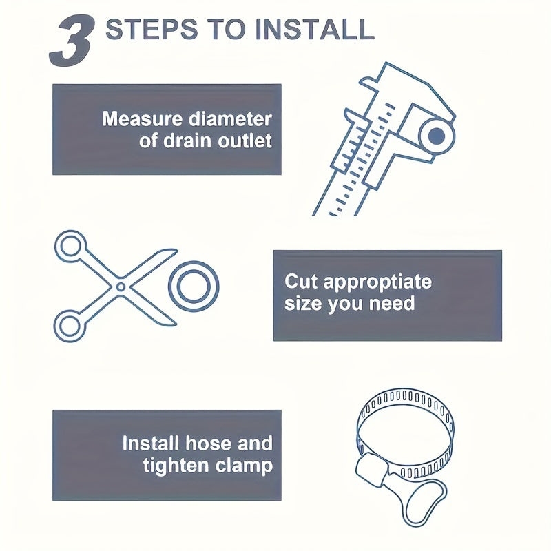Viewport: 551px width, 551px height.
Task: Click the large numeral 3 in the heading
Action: click(73, 41)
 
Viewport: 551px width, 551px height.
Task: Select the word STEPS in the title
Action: click(152, 29)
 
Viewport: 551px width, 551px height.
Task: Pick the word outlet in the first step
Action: click(245, 141)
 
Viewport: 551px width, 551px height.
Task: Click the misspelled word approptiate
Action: click(377, 282)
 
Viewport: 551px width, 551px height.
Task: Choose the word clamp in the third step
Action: click(245, 466)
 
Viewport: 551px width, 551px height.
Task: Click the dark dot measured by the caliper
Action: click(437, 136)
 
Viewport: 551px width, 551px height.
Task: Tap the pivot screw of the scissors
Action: click(121, 287)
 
